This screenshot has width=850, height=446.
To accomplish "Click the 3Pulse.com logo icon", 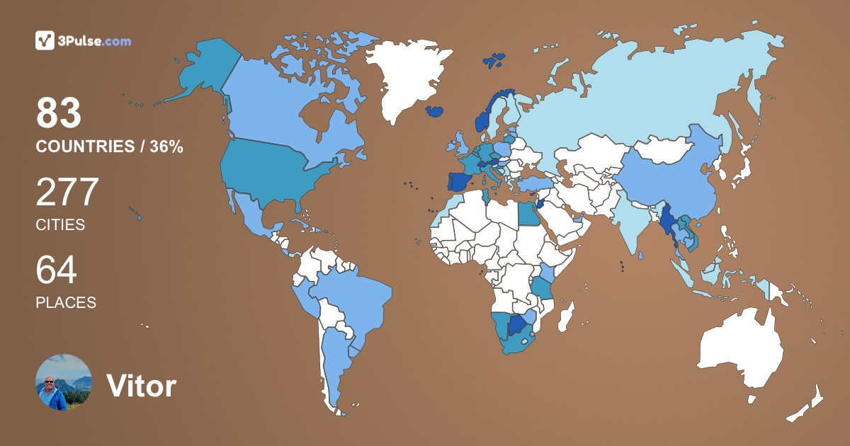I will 45,40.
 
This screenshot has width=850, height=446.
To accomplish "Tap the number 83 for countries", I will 59,113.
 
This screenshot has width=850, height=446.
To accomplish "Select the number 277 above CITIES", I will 67,193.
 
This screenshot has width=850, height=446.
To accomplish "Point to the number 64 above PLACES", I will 57,270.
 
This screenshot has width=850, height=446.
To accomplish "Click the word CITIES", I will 60,225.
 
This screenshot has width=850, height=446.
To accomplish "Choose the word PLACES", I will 66,303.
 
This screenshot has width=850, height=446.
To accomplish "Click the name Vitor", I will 141,386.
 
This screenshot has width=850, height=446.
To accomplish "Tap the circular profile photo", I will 64,383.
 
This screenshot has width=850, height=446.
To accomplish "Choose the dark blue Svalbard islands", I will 494,60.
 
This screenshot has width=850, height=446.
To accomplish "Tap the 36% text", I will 166,147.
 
